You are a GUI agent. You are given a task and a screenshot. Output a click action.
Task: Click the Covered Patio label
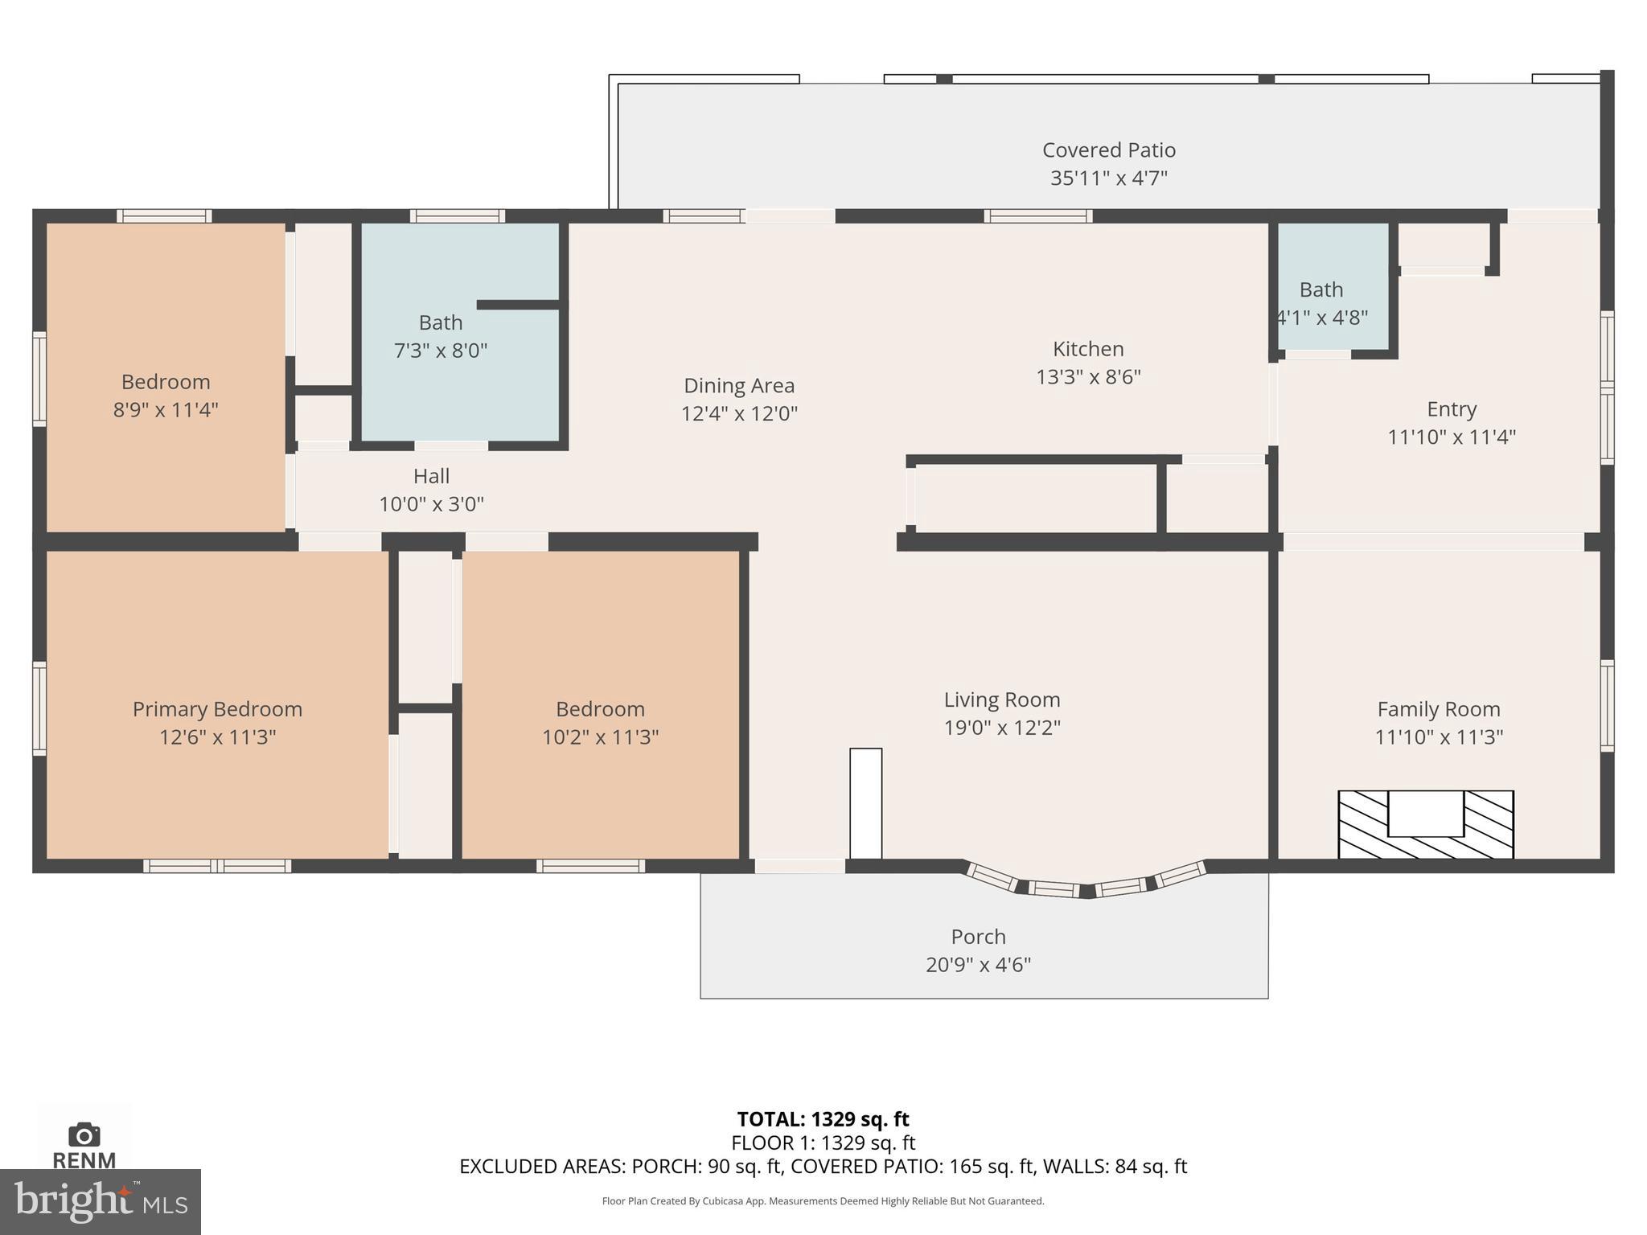1108,150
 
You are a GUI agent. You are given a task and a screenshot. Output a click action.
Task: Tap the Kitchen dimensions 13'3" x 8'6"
1088,377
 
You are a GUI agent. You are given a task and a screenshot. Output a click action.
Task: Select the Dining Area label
738,386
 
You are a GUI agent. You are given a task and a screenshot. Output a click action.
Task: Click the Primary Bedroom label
217,709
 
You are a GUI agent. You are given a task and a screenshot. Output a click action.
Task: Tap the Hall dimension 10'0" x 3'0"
431,504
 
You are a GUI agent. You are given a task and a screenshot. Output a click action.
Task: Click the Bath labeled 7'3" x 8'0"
441,336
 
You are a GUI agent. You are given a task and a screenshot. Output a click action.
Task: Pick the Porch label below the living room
978,937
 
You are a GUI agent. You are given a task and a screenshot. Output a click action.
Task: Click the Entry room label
1451,409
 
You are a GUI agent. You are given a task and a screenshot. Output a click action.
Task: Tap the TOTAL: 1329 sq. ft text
823,1119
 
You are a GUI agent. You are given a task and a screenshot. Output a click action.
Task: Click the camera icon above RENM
84,1134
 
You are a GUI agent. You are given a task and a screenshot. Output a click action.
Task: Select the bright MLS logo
100,1201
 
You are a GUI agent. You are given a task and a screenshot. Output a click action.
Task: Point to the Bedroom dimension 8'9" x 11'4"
166,410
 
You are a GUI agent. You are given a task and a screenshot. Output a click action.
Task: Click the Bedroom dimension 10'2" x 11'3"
600,737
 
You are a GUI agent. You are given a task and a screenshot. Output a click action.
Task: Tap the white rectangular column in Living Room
865,803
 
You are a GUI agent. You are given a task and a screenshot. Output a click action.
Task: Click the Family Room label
1438,709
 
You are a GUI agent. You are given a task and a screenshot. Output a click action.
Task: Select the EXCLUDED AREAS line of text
823,1167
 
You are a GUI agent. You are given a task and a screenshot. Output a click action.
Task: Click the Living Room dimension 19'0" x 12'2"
1002,728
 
